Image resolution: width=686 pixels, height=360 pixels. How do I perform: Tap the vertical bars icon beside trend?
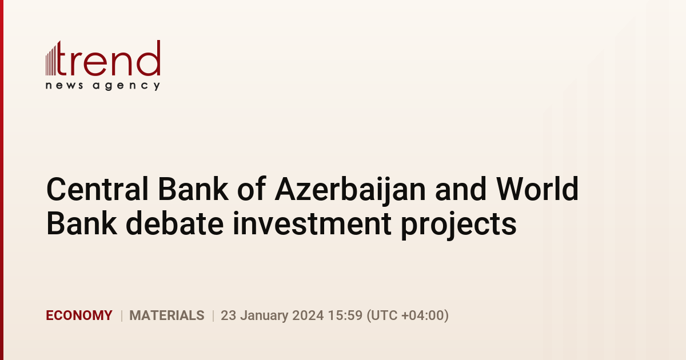point(51,59)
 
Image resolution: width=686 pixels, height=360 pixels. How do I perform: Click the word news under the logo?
point(64,85)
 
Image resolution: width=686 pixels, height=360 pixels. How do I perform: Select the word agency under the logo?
point(126,86)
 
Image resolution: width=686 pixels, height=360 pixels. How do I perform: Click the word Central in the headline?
point(97,189)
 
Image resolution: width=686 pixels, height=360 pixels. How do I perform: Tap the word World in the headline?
point(537,189)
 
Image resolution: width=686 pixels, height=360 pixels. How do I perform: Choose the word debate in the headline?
point(174,223)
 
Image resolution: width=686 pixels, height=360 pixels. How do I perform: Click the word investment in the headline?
point(312,223)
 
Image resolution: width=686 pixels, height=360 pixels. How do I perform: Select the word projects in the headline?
point(458,225)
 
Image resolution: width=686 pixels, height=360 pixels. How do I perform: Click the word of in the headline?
point(252,189)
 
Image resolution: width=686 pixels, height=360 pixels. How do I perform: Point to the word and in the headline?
point(461,189)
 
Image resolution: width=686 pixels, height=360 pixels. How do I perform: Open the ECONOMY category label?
point(79,315)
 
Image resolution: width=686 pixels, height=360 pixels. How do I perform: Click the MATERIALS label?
point(167,315)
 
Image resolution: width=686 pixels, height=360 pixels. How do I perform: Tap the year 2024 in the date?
point(308,315)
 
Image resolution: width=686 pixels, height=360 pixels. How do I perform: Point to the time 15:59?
point(345,315)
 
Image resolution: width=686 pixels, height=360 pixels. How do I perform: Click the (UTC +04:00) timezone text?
point(408,315)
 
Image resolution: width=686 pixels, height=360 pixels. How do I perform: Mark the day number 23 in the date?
point(229,315)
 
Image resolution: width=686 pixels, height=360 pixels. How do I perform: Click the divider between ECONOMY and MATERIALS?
point(122,315)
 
